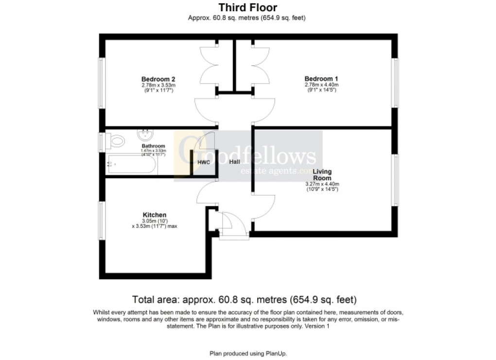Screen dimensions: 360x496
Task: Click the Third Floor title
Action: pyautogui.click(x=248, y=7)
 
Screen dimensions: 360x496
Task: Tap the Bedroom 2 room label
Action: pyautogui.click(x=158, y=79)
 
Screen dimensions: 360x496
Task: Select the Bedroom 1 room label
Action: pyautogui.click(x=321, y=79)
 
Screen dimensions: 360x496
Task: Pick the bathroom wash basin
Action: pyautogui.click(x=144, y=134)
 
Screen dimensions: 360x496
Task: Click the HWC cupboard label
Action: pyautogui.click(x=203, y=162)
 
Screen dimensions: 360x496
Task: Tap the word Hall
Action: pyautogui.click(x=234, y=162)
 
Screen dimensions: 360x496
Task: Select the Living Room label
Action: pyautogui.click(x=321, y=174)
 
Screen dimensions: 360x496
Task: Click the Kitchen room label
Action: pyautogui.click(x=155, y=215)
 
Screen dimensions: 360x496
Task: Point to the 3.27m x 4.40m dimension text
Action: pyautogui.click(x=321, y=184)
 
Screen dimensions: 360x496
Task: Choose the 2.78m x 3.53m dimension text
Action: pyautogui.click(x=158, y=85)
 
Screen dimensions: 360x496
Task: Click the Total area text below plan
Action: pyautogui.click(x=248, y=299)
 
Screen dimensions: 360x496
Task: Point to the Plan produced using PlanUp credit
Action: pyautogui.click(x=248, y=353)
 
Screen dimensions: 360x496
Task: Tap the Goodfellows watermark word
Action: pyautogui.click(x=248, y=155)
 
